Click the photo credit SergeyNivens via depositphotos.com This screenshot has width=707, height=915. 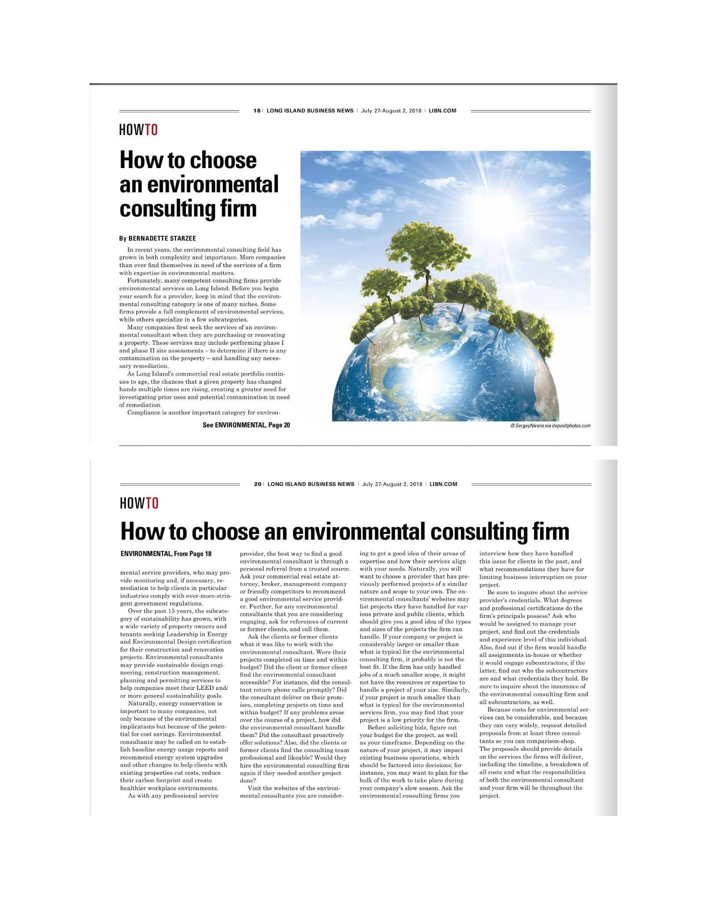[x=551, y=426]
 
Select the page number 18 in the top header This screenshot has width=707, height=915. [x=256, y=111]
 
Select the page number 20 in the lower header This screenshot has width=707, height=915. [x=257, y=484]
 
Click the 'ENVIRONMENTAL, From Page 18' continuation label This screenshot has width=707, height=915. [x=166, y=554]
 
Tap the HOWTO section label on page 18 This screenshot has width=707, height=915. [x=138, y=129]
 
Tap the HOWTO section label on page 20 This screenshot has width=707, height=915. [x=139, y=503]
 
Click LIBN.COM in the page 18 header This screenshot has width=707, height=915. [x=442, y=111]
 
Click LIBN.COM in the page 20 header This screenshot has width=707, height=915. [x=443, y=484]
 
